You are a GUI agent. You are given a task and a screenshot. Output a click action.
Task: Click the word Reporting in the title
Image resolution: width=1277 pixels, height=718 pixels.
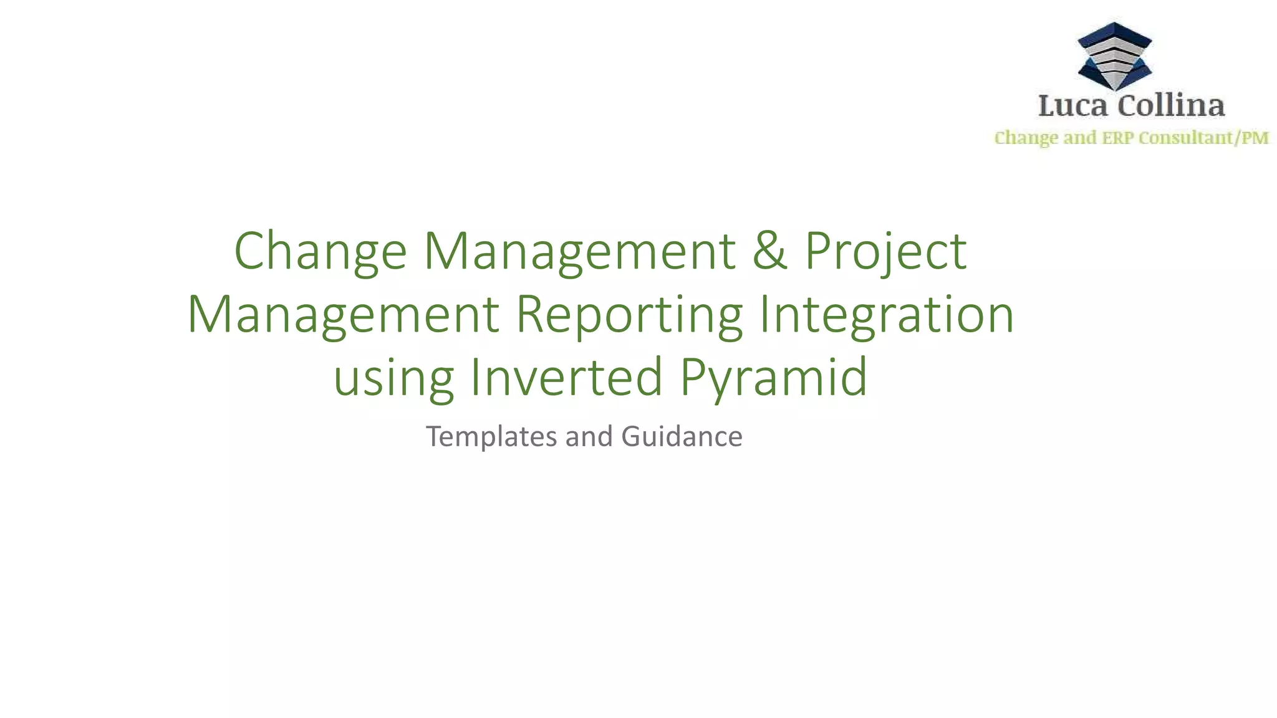[629, 315]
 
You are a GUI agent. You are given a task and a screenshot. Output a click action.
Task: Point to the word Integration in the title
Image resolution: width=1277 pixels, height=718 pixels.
[886, 315]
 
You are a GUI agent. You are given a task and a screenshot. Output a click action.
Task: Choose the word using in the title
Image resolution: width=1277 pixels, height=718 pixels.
[393, 377]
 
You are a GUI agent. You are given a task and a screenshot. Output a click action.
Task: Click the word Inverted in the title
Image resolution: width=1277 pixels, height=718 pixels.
[566, 377]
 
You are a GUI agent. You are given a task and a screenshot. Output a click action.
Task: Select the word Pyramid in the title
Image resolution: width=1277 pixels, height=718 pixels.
[773, 377]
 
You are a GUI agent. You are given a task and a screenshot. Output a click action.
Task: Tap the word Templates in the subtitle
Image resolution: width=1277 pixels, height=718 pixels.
[491, 436]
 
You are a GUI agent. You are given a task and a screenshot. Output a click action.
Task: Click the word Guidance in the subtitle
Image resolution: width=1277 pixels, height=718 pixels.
[682, 436]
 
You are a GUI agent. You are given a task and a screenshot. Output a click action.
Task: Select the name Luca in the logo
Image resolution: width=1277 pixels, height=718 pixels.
[1073, 105]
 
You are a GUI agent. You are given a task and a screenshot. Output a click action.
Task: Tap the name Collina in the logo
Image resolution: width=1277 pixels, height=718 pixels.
[1171, 105]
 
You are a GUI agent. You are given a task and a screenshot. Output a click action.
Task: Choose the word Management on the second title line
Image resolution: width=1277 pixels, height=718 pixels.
[343, 315]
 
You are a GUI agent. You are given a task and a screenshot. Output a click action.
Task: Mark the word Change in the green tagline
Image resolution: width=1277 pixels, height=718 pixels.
[1026, 138]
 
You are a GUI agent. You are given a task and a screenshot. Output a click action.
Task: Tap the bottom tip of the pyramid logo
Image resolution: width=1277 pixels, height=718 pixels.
[1114, 89]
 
